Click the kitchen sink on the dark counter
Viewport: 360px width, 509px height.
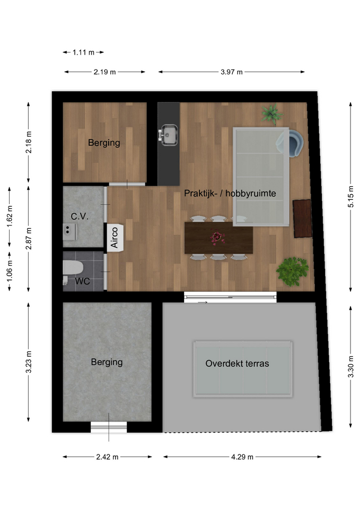(x=168, y=135)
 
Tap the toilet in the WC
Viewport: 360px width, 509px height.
(x=73, y=268)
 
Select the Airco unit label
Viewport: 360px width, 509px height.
(x=115, y=238)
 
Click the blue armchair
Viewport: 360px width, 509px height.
(x=291, y=143)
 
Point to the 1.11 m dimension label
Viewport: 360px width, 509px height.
(x=83, y=52)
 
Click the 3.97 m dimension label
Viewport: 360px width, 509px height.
(x=232, y=72)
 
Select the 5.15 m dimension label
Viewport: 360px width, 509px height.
(x=350, y=197)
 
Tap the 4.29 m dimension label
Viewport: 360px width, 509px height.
(x=242, y=457)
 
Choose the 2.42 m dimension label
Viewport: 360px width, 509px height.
(x=107, y=457)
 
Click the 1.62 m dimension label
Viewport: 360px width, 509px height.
(x=10, y=216)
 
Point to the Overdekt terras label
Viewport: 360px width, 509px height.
(x=238, y=364)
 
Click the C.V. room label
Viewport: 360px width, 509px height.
(x=80, y=216)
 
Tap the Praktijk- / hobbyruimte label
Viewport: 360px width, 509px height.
(x=230, y=194)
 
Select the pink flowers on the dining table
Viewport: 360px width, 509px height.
(x=217, y=238)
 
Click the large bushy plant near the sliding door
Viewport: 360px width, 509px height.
(x=292, y=271)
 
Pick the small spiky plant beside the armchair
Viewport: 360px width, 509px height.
(x=271, y=114)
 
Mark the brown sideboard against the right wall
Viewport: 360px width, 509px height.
(x=303, y=219)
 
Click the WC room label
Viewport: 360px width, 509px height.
(x=83, y=281)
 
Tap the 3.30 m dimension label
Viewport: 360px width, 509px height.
(x=350, y=366)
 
